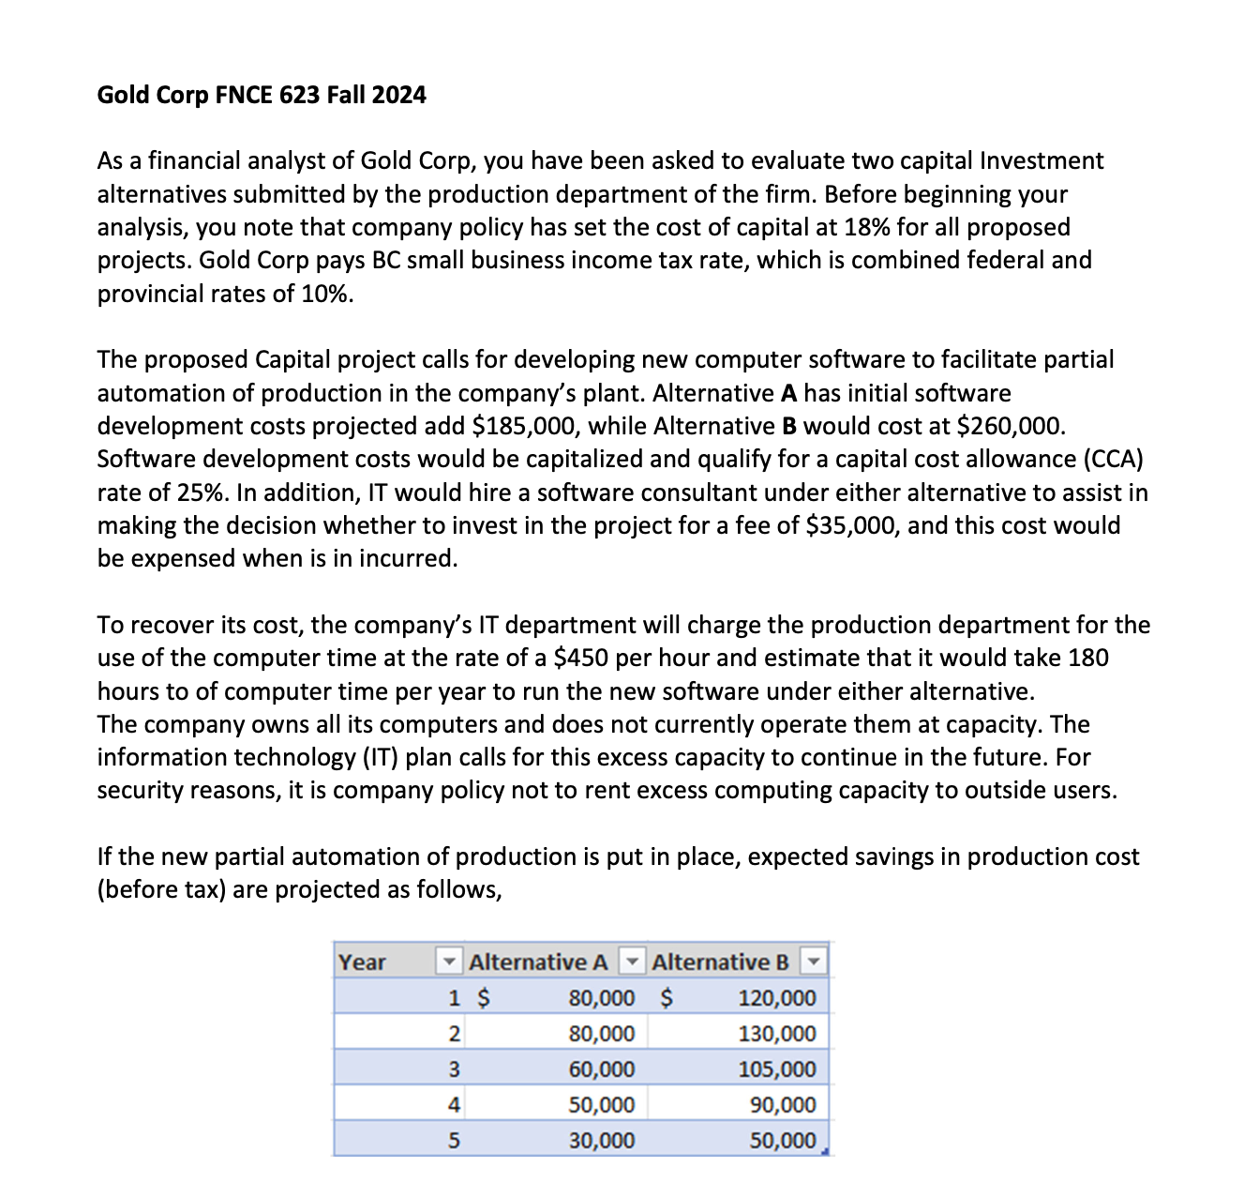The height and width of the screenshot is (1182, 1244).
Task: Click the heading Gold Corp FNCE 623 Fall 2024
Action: click(x=262, y=95)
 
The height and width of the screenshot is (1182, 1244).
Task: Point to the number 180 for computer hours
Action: click(x=1087, y=658)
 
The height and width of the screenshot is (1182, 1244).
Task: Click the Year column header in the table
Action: click(x=363, y=962)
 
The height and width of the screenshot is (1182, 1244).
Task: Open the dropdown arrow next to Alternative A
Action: click(x=634, y=962)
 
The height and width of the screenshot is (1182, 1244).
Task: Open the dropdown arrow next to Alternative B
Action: click(x=814, y=962)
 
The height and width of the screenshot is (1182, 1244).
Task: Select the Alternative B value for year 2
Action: click(x=777, y=1034)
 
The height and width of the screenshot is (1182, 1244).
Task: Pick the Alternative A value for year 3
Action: click(x=602, y=1069)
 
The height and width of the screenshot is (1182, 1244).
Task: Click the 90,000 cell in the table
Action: click(x=783, y=1105)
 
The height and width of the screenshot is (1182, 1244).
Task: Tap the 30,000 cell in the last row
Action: click(x=602, y=1141)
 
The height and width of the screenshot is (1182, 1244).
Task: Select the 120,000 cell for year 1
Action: click(x=777, y=998)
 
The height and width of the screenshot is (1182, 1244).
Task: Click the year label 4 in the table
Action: click(x=454, y=1105)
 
